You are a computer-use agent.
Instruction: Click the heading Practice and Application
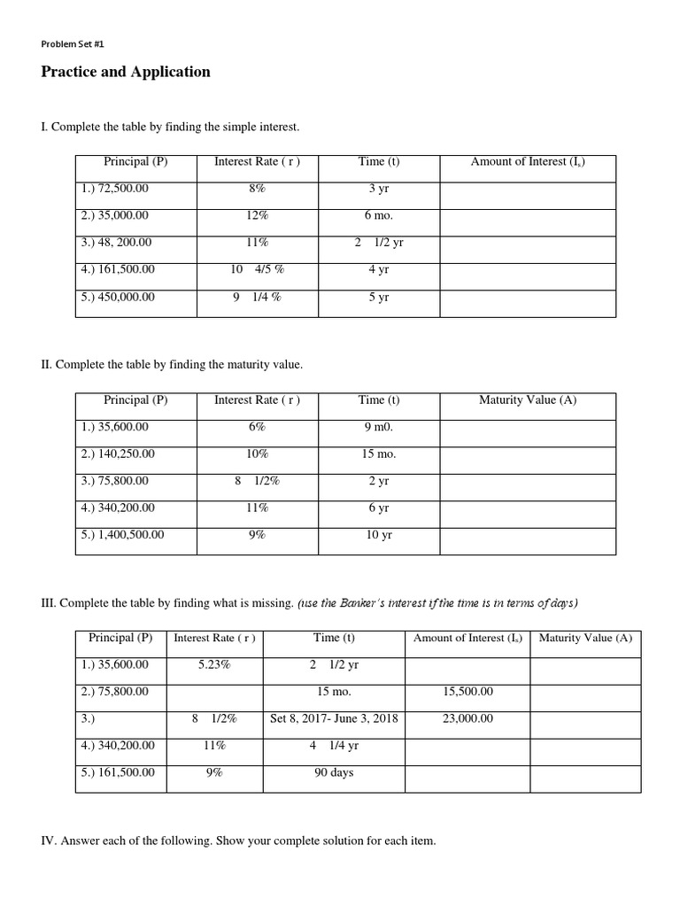pyautogui.click(x=126, y=73)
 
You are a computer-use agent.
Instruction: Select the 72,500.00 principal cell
pyautogui.click(x=115, y=189)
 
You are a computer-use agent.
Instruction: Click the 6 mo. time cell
pyautogui.click(x=379, y=215)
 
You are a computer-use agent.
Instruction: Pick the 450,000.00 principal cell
pyautogui.click(x=118, y=297)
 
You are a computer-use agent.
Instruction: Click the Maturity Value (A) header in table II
pyautogui.click(x=528, y=399)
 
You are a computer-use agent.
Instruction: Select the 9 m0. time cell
pyautogui.click(x=379, y=427)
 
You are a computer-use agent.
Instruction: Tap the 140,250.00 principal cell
pyautogui.click(x=118, y=453)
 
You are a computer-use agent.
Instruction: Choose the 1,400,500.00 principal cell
pyautogui.click(x=122, y=535)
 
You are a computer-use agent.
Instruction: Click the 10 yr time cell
pyautogui.click(x=379, y=535)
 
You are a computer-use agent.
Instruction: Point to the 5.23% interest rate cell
pyautogui.click(x=214, y=664)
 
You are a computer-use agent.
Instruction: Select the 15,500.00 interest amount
pyautogui.click(x=467, y=692)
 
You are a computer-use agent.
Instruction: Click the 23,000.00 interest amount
pyautogui.click(x=467, y=718)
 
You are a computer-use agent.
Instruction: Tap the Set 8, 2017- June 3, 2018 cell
pyautogui.click(x=334, y=718)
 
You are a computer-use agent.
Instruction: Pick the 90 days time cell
pyautogui.click(x=334, y=772)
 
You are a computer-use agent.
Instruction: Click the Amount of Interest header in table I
pyautogui.click(x=528, y=161)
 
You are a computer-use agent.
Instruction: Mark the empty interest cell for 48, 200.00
pyautogui.click(x=528, y=243)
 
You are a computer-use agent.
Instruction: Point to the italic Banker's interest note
pyautogui.click(x=439, y=603)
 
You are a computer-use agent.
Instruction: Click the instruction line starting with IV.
pyautogui.click(x=239, y=841)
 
